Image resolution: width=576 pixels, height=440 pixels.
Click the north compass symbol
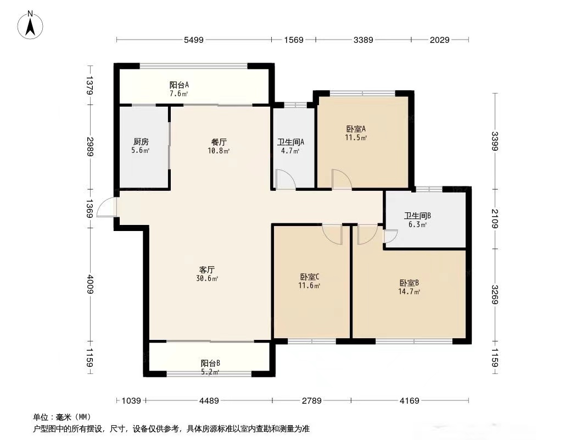pyautogui.click(x=31, y=25)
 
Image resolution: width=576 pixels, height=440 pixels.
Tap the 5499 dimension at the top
pyautogui.click(x=193, y=40)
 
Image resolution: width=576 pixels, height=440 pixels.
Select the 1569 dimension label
pyautogui.click(x=294, y=40)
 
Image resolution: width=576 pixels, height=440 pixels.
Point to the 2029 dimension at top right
pyautogui.click(x=440, y=40)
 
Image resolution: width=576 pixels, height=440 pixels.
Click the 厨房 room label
pyautogui.click(x=141, y=141)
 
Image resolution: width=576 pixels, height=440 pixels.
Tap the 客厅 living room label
pyautogui.click(x=207, y=269)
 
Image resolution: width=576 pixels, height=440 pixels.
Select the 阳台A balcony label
pyautogui.click(x=179, y=85)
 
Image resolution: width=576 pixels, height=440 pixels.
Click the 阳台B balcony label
pyautogui.click(x=210, y=363)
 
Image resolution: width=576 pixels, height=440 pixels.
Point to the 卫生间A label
pyautogui.click(x=290, y=142)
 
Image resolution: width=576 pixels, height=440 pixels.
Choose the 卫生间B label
pyautogui.click(x=417, y=216)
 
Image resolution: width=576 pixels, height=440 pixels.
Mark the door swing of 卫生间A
pyautogui.click(x=285, y=180)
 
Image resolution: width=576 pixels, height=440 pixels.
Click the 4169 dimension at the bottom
pyautogui.click(x=410, y=400)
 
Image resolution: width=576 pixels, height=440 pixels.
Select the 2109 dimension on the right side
pyautogui.click(x=495, y=218)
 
